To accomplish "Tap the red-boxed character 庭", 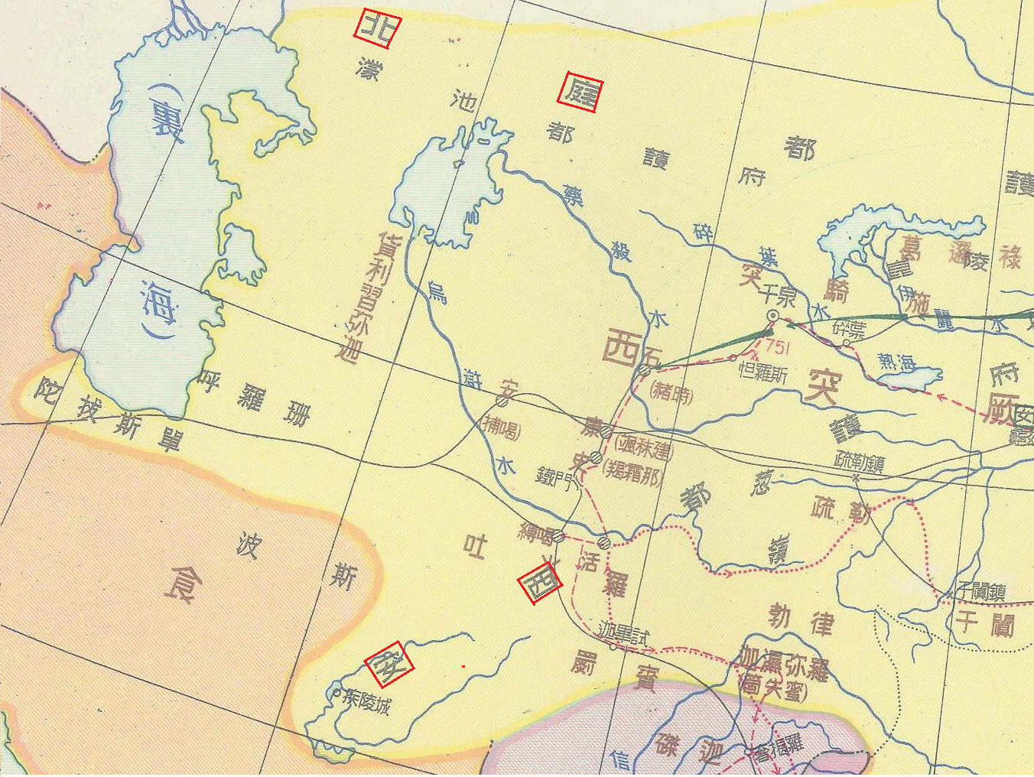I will (580, 92).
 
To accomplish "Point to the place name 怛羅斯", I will (762, 372).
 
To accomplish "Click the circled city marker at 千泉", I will (772, 315).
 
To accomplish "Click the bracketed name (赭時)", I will (671, 393).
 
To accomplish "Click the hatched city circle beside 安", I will (502, 401).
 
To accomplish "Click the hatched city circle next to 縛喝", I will (558, 537).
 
